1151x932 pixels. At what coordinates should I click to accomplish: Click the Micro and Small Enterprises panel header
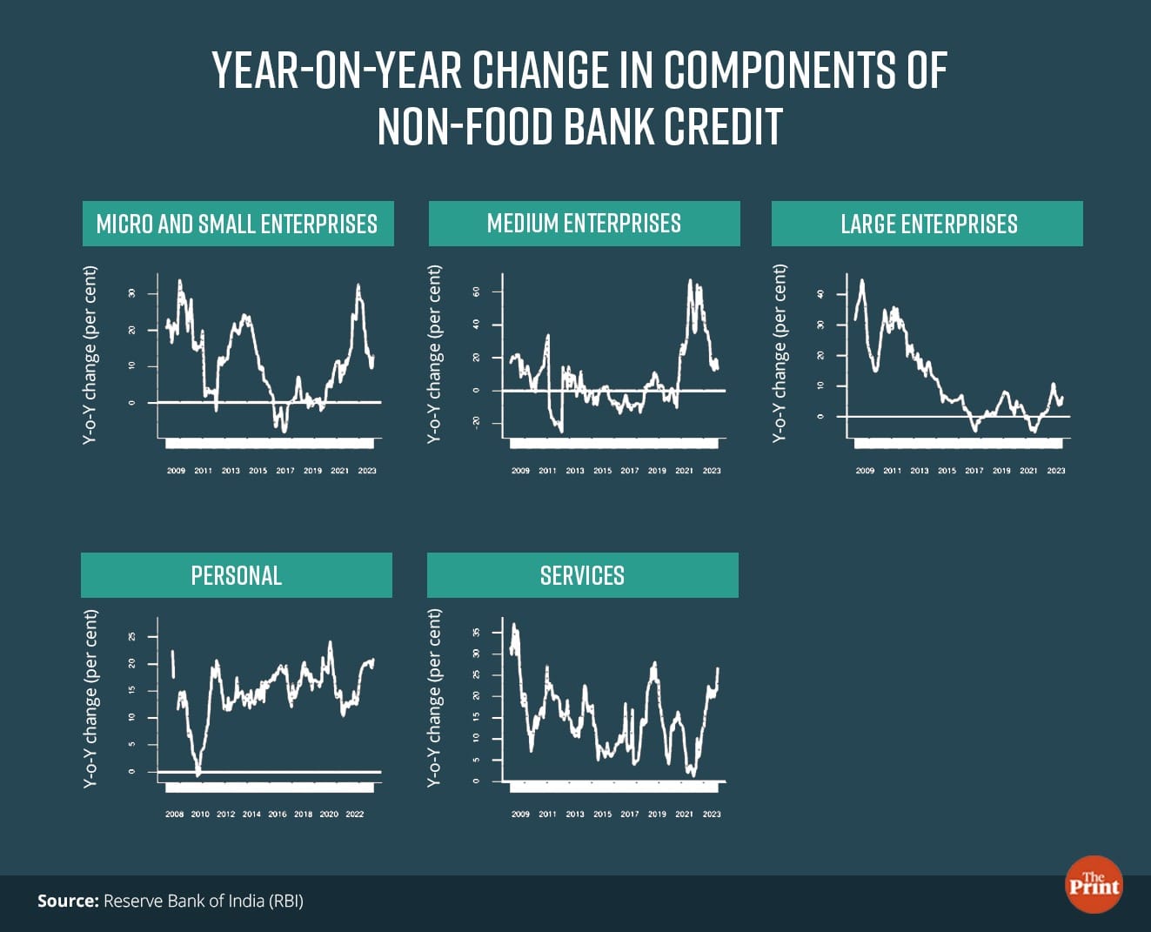pos(237,224)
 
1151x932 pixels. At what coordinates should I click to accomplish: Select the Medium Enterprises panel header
pos(584,224)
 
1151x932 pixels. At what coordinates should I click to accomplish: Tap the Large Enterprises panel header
pos(928,224)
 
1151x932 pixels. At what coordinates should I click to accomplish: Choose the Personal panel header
pos(236,575)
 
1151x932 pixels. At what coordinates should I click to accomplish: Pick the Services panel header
pos(582,575)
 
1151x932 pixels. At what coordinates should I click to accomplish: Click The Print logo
pos(1094,884)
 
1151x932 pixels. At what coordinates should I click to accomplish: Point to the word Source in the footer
pos(67,901)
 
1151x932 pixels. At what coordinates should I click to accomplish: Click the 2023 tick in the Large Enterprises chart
pos(1056,471)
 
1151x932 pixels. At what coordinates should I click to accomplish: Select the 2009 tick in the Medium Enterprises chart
pos(520,471)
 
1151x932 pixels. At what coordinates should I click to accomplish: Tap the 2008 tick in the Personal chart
pos(174,815)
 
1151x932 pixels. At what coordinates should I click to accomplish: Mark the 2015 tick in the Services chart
pos(602,815)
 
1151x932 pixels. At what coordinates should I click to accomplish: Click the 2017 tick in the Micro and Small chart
pos(285,471)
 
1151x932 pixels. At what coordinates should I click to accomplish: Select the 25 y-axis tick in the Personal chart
pos(132,637)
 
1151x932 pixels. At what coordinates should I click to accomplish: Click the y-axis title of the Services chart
pos(434,698)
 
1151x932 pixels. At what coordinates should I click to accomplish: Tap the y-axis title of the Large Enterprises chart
pos(780,353)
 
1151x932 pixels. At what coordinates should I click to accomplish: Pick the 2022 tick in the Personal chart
pos(355,815)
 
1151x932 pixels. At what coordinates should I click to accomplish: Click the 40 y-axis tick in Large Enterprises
pos(820,294)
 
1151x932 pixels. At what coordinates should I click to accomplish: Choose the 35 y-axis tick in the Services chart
pos(477,633)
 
